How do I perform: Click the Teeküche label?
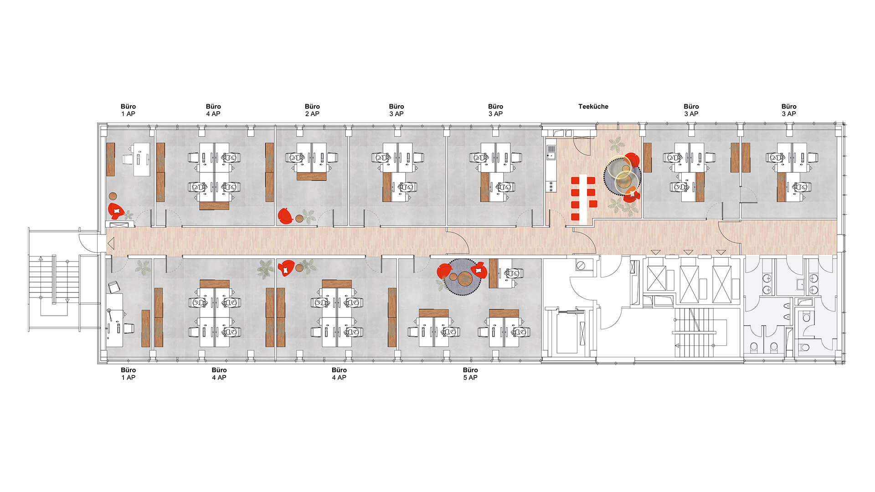tap(593, 107)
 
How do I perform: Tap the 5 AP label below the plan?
tap(470, 378)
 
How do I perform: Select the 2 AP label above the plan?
tap(312, 114)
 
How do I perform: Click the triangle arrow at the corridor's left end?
tap(111, 244)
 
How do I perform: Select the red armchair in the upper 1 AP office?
tap(117, 211)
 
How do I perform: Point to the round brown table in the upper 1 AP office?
tap(113, 196)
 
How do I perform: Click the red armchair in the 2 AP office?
tap(285, 216)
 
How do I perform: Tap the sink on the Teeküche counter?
tap(551, 152)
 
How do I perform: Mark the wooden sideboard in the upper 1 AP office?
tap(110, 159)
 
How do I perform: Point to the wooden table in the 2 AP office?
tap(312, 176)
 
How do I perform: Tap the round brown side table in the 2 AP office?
tap(299, 219)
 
